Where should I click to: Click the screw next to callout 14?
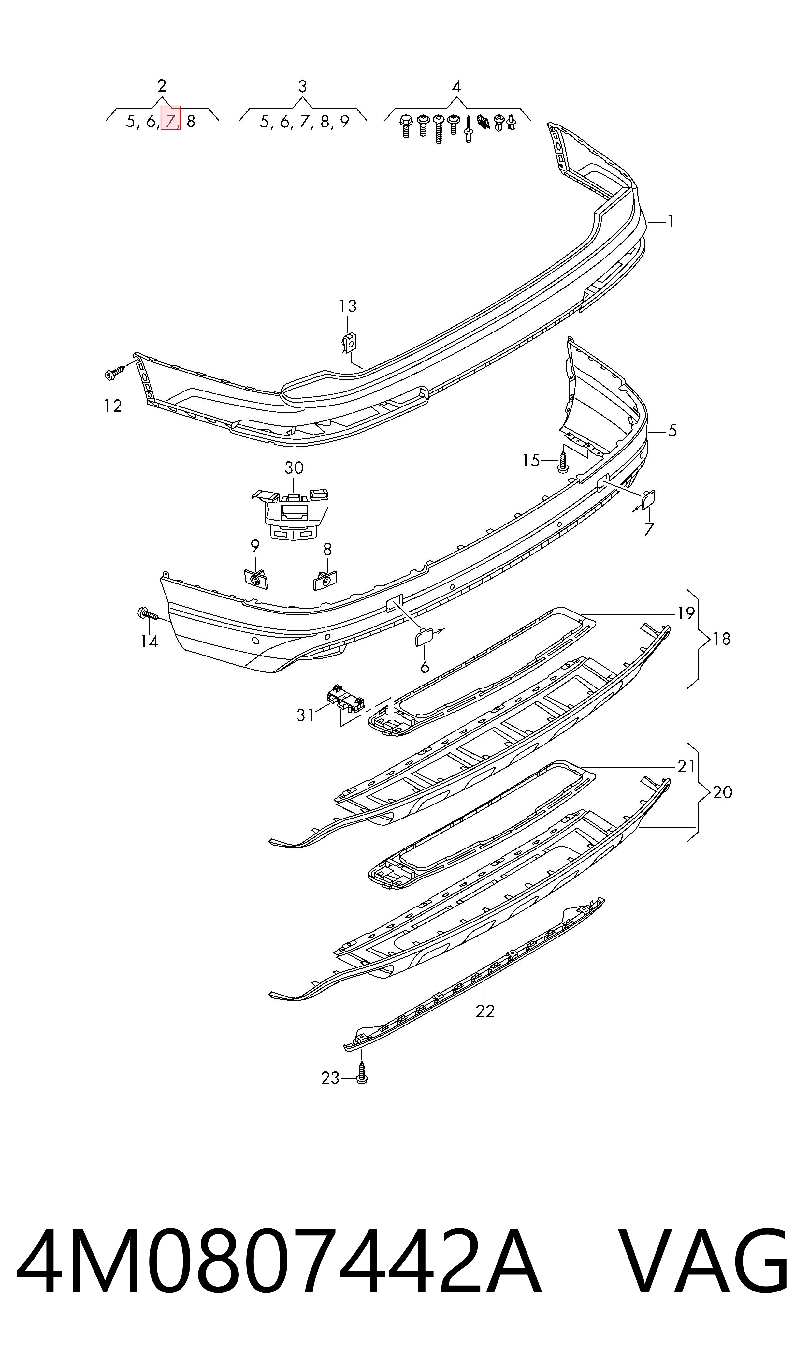[x=148, y=614]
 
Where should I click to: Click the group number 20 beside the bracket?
[x=722, y=792]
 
